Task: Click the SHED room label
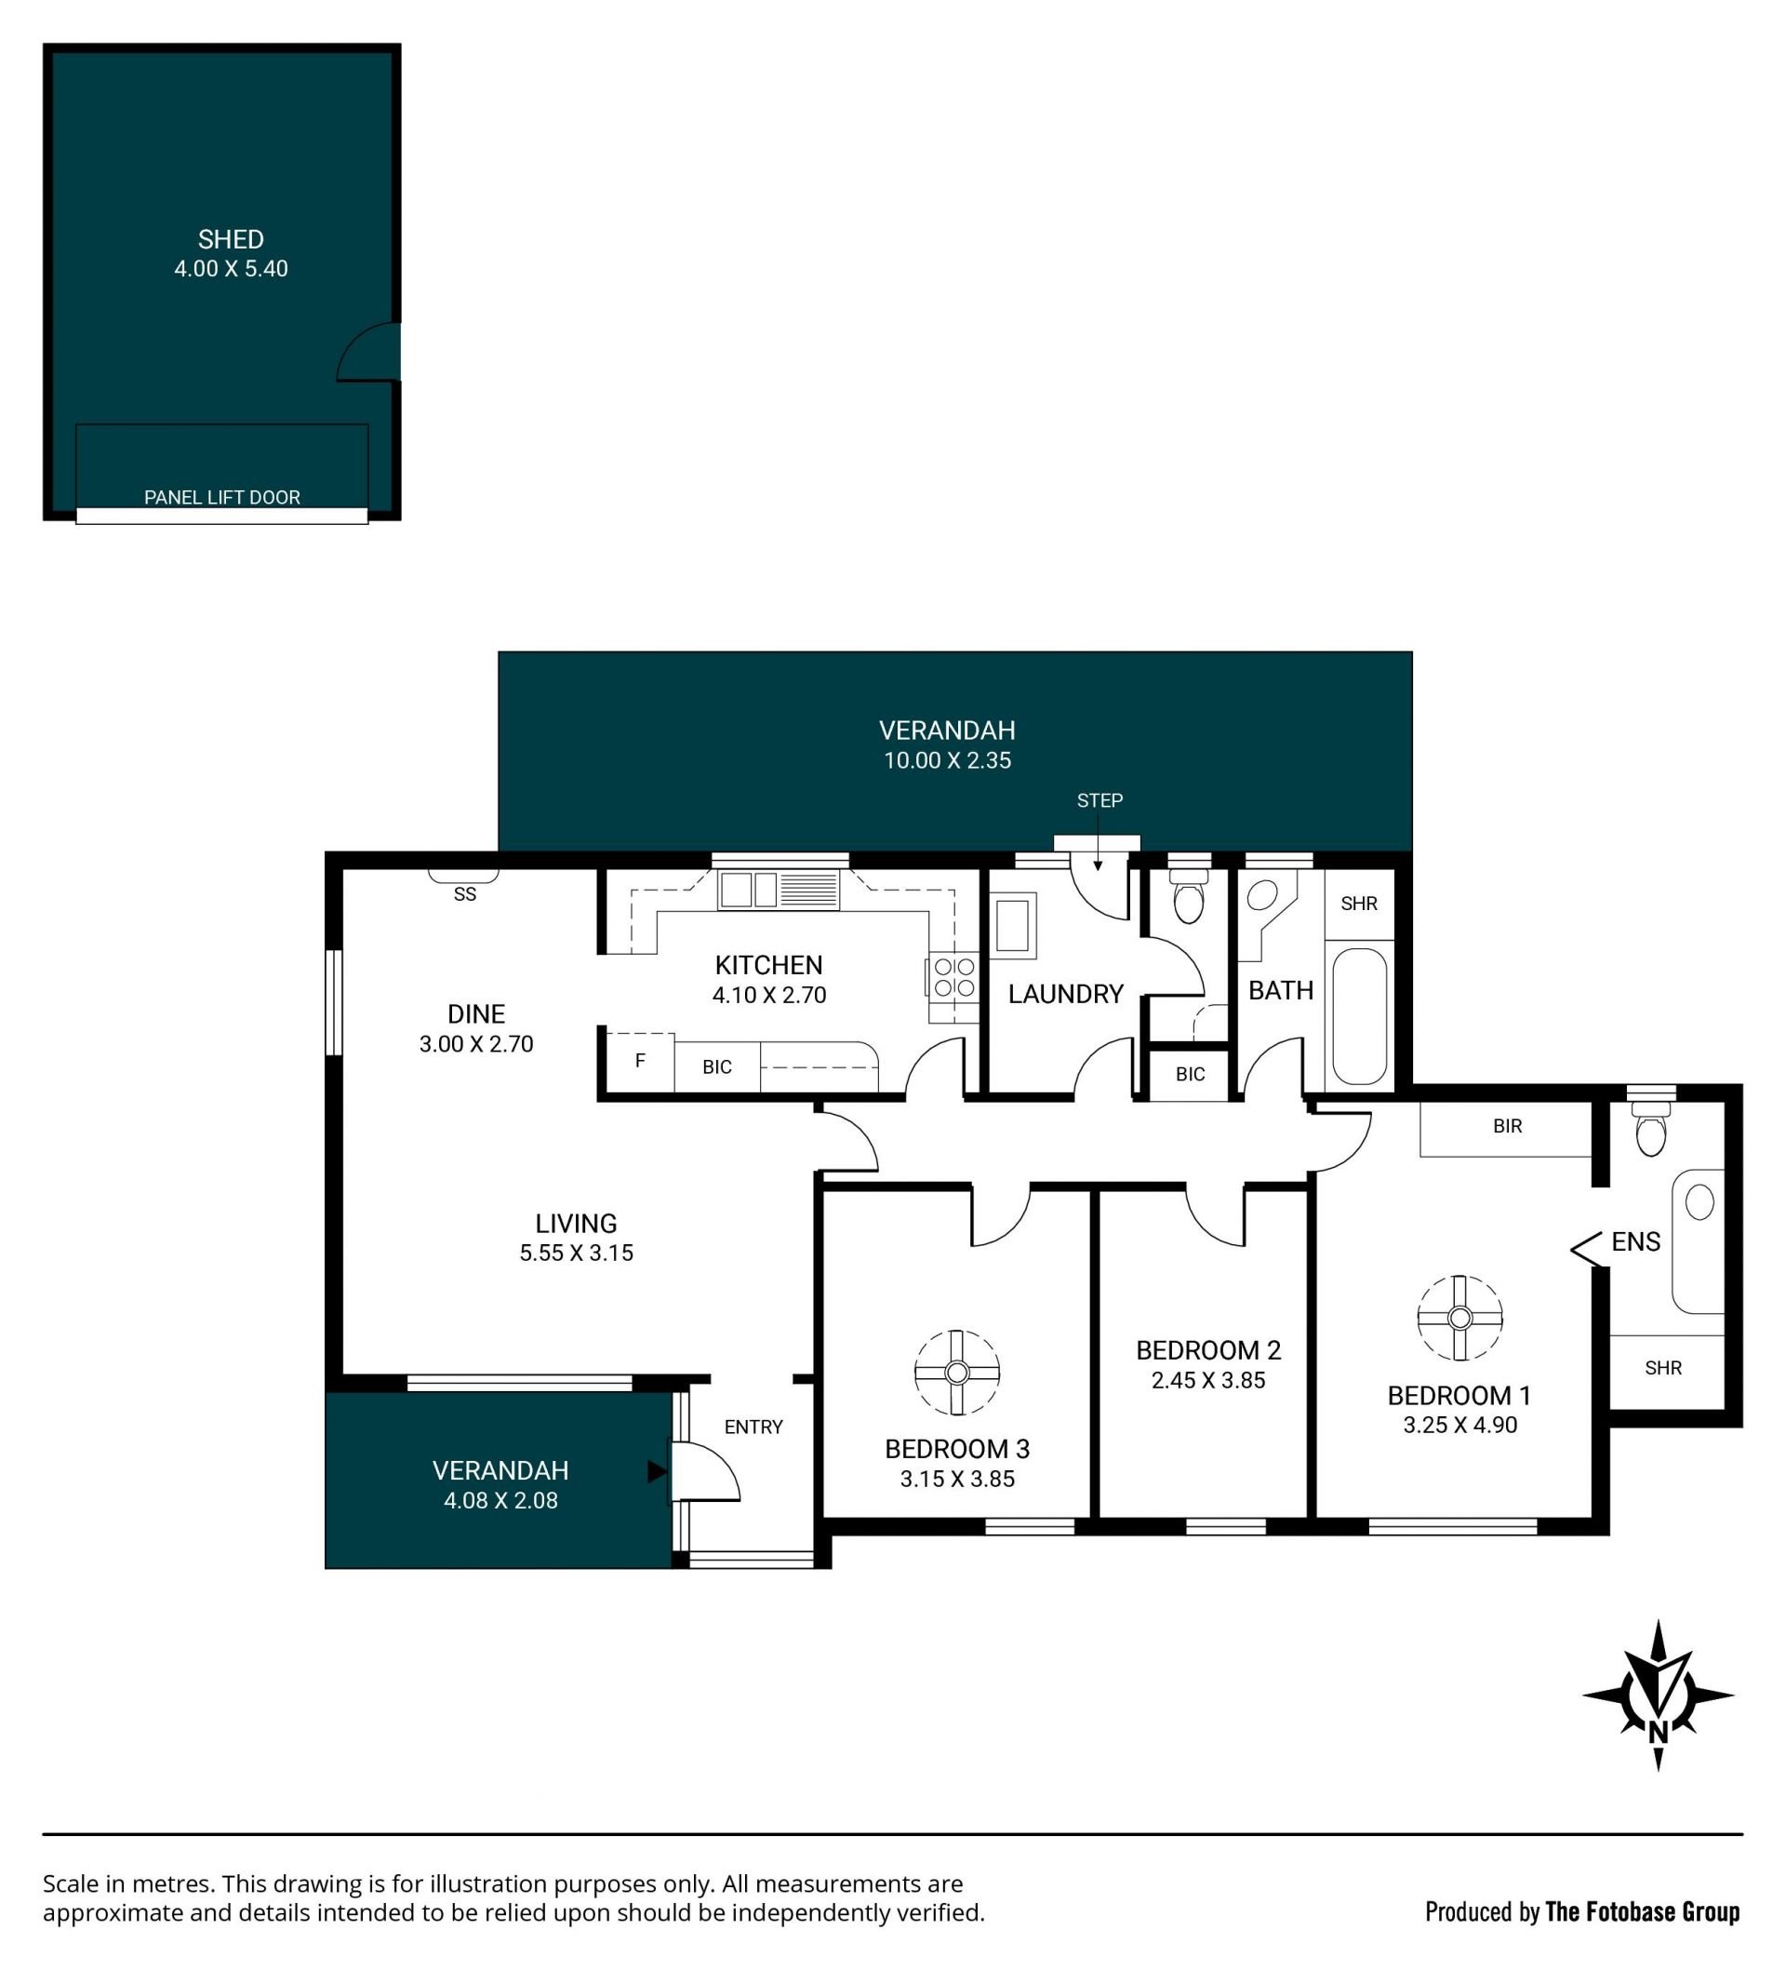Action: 231,239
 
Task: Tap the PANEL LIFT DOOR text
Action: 221,498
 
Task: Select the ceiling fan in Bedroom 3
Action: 956,1373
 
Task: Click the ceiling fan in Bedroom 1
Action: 1459,1319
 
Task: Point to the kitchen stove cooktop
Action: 953,977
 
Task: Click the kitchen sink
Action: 779,891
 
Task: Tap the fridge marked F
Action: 640,1061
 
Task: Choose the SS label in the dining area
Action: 465,894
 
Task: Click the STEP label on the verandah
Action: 1100,800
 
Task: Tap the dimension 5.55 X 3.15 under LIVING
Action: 577,1253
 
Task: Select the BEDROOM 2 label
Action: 1207,1350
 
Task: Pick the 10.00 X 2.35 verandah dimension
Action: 947,760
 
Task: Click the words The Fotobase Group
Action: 1642,1912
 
